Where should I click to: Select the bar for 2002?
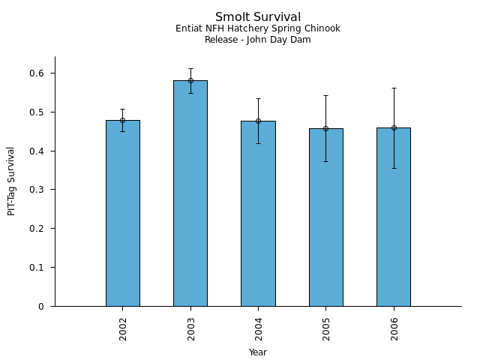[x=122, y=213]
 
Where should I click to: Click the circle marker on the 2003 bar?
[x=190, y=80]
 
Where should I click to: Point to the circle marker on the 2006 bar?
[x=394, y=127]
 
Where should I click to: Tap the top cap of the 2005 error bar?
[x=325, y=95]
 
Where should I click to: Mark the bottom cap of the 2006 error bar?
[x=394, y=168]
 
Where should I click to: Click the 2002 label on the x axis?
[x=123, y=328]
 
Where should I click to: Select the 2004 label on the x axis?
[x=258, y=328]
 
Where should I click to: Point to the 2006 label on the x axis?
[x=394, y=328]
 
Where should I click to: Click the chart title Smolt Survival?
[x=258, y=17]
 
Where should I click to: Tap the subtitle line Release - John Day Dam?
[x=258, y=40]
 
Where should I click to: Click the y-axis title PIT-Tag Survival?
[x=11, y=181]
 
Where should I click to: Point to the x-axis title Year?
[x=258, y=352]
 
